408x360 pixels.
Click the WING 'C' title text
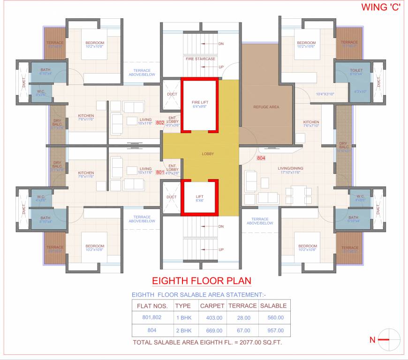[379, 7]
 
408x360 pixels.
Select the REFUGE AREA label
[266, 107]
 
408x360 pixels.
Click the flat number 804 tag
[261, 158]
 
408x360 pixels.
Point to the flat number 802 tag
[159, 123]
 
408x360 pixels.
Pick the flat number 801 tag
[159, 172]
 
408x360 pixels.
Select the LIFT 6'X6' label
[199, 198]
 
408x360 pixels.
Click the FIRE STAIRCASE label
[200, 59]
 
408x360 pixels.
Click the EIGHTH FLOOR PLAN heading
[202, 281]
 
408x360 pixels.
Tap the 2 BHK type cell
[183, 330]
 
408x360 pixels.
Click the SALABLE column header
[273, 306]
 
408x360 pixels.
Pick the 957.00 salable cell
[273, 330]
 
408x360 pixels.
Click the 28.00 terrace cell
[242, 318]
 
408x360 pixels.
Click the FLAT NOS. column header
[152, 306]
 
